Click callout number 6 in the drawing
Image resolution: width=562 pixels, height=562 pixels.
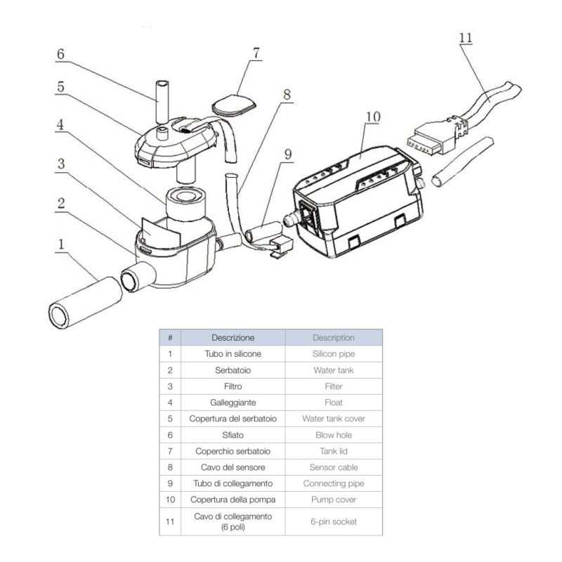[x=60, y=54]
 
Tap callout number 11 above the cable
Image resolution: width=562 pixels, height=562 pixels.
[x=465, y=38]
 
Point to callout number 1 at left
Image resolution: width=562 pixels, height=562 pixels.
[x=61, y=245]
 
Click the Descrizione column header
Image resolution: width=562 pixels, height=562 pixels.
[x=233, y=337]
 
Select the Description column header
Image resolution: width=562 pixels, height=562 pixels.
[x=334, y=337]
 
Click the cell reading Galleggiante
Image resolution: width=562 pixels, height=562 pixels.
[x=233, y=403]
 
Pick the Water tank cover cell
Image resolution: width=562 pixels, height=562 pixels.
[x=334, y=419]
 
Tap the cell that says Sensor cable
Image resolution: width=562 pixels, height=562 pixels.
[x=334, y=467]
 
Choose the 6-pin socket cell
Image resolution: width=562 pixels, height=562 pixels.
[x=334, y=521]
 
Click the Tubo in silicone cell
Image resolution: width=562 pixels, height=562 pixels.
[x=233, y=354]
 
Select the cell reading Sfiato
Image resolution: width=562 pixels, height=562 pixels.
[x=233, y=435]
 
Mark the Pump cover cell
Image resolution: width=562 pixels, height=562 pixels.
[x=334, y=499]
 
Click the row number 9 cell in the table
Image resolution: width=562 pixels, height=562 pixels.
[x=170, y=483]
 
